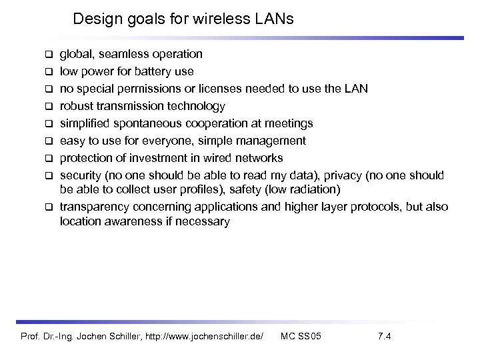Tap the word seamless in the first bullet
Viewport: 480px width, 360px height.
(x=121, y=53)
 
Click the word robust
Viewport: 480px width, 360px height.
(x=76, y=106)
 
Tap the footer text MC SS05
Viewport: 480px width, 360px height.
(x=301, y=336)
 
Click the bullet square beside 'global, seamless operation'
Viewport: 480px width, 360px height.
(x=48, y=54)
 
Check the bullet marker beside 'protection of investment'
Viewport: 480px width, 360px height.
(x=48, y=159)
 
